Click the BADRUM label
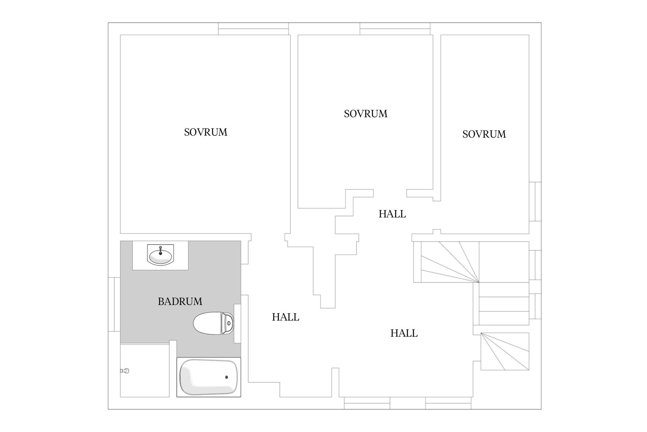point(180,301)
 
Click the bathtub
point(209,377)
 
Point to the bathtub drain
point(226,377)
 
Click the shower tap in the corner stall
point(125,371)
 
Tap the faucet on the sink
point(160,250)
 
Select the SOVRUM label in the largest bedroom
point(206,132)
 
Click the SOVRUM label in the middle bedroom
point(366,114)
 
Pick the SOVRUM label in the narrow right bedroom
point(484,134)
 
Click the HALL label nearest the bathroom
point(285,317)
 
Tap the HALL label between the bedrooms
point(392,214)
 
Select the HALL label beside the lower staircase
point(404,333)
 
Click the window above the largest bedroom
point(253,29)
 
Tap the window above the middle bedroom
point(395,29)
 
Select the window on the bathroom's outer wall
point(114,304)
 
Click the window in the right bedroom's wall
point(535,201)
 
